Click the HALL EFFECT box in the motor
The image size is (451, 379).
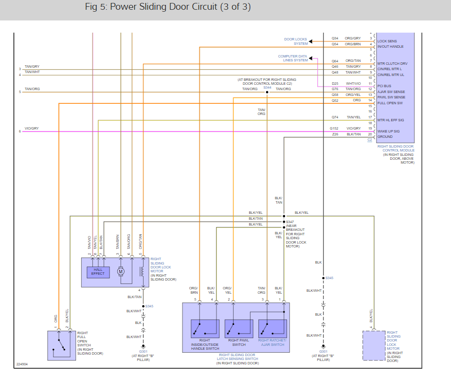pos(98,272)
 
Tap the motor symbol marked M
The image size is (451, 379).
pos(121,271)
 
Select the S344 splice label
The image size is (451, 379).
pos(267,87)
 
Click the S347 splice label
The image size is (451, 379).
pos(290,222)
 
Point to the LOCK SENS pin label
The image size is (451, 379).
pos(387,41)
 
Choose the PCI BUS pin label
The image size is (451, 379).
pos(384,86)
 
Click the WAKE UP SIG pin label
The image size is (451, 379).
pos(389,131)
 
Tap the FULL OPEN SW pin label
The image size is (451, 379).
pos(390,103)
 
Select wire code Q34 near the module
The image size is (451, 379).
pos(335,38)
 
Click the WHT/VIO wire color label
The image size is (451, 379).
pos(353,83)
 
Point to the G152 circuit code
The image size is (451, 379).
pos(334,129)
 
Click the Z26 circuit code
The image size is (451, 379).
pos(335,134)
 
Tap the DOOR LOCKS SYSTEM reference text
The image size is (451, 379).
pos(296,41)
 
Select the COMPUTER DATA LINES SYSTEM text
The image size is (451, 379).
pos(293,58)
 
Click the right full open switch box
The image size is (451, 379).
pos(61,345)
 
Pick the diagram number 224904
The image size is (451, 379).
pos(22,364)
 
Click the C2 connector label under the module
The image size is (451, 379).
pos(370,140)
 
